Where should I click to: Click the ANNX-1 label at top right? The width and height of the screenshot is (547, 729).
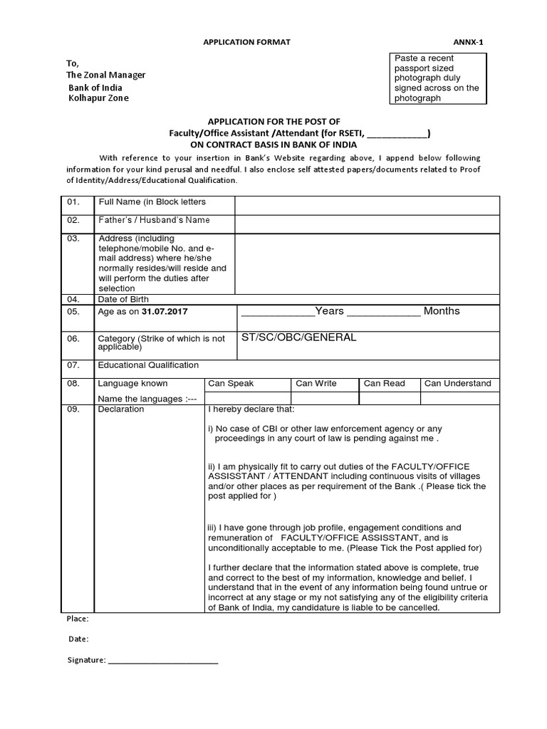(468, 42)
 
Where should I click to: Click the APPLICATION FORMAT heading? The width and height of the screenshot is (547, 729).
(247, 42)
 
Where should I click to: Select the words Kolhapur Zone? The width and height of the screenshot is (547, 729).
(99, 98)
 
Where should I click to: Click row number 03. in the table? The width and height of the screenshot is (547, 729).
(73, 238)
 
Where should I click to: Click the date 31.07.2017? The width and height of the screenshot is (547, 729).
(165, 312)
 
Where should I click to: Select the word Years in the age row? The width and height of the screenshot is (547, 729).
(329, 311)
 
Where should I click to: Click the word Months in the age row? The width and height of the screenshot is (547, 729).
(442, 311)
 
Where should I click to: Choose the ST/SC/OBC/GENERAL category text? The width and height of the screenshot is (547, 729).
(298, 337)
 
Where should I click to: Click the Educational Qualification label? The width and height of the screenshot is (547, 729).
(148, 365)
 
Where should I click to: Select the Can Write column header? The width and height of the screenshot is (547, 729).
(316, 383)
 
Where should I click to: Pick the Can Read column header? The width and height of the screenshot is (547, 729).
(384, 383)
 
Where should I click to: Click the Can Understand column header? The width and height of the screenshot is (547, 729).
(457, 383)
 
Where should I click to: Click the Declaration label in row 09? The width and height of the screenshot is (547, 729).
(120, 409)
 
